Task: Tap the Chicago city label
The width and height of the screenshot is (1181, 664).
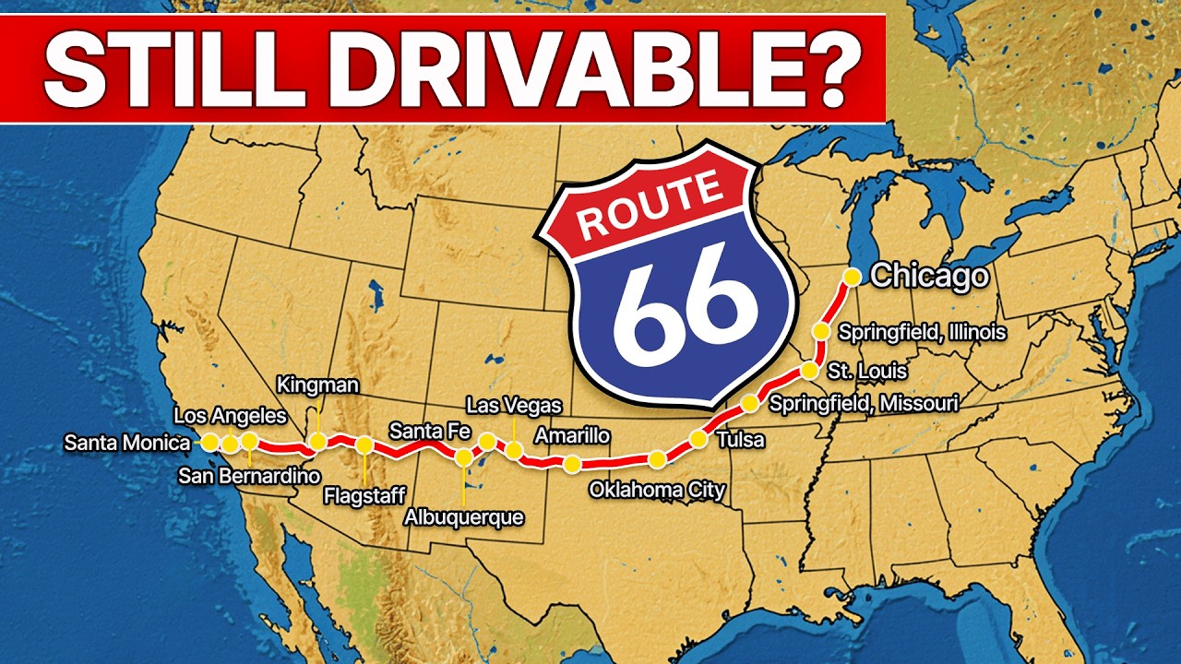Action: [x=929, y=276]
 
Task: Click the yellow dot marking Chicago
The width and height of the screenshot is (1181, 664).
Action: [x=853, y=276]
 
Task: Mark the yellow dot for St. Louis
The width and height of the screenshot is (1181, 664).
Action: [x=809, y=371]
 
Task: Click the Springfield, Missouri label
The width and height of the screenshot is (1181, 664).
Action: [x=864, y=403]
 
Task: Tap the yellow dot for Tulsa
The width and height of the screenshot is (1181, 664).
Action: [x=698, y=439]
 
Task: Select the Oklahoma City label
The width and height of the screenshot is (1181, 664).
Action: [x=657, y=490]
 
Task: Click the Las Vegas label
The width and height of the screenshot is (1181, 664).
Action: [x=513, y=405]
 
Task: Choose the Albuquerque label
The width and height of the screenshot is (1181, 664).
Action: [x=463, y=517]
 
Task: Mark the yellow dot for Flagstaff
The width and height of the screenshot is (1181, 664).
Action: [x=364, y=445]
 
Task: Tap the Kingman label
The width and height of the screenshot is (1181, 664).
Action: [x=317, y=384]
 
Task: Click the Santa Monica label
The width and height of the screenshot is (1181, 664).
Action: [x=127, y=443]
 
